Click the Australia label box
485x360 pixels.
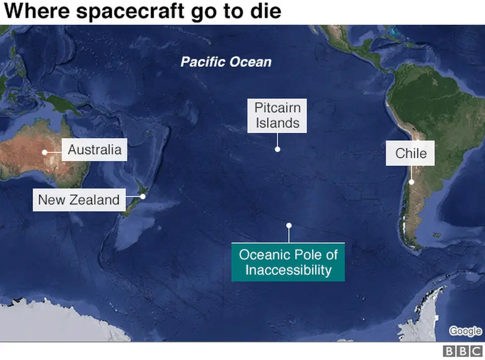point(94,150)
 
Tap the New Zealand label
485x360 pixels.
point(79,200)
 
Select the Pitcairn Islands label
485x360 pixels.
point(277,115)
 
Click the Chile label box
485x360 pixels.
point(411,153)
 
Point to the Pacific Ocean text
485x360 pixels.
point(226,62)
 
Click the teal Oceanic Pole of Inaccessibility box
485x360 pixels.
point(288,263)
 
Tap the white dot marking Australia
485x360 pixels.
point(45,152)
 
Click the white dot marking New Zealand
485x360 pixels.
point(143,196)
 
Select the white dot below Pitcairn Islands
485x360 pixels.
point(277,149)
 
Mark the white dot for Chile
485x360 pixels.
point(412,182)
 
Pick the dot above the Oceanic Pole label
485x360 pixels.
point(289,225)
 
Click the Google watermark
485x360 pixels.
point(465,331)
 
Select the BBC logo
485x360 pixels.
point(463,352)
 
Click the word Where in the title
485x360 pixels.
point(33,11)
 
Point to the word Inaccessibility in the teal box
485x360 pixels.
point(288,270)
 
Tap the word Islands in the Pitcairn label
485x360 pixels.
point(277,123)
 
